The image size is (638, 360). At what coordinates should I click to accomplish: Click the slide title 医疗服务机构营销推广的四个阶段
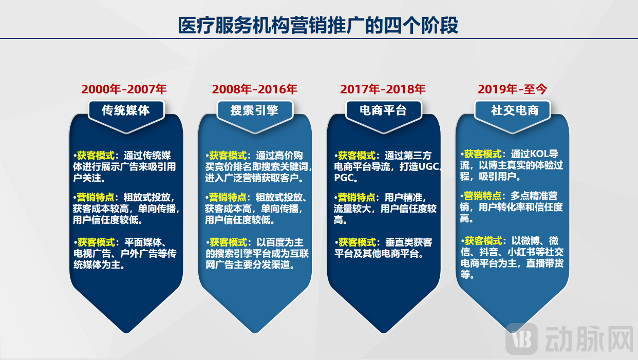coord(318,25)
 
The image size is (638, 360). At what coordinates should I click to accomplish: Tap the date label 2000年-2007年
coord(124,89)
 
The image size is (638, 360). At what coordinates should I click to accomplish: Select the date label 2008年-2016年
coord(255,89)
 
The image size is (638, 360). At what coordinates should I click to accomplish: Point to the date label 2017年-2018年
coord(383,89)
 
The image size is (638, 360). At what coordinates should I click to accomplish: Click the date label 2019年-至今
coord(513,89)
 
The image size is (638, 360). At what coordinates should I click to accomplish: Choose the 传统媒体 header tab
coord(126,110)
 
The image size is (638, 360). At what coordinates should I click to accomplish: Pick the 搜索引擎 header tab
coord(254,110)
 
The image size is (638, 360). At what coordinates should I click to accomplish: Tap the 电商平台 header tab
coord(383,110)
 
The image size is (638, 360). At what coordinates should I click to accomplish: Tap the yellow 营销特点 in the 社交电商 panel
coord(483,196)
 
